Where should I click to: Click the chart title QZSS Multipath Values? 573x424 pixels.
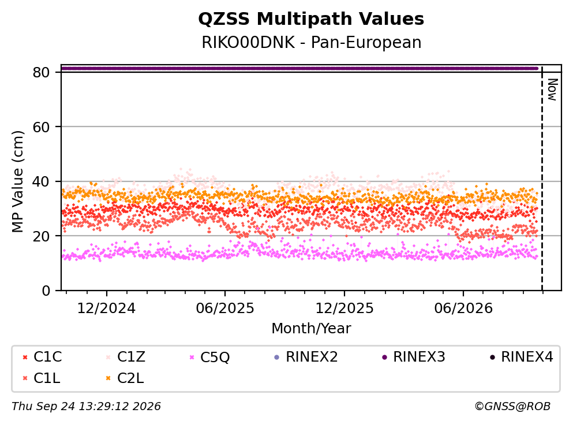click(311, 18)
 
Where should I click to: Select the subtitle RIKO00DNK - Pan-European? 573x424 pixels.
click(312, 42)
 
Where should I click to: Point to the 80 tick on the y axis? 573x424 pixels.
click(41, 72)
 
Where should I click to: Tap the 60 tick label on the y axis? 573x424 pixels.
click(41, 127)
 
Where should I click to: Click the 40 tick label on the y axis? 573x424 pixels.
click(41, 181)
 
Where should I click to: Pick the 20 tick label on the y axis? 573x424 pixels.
click(41, 236)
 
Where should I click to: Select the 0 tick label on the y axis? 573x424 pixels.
click(46, 291)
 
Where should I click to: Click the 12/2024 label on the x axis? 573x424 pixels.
click(106, 308)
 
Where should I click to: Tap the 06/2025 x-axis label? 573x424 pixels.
click(224, 308)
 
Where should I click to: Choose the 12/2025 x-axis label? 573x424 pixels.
click(344, 308)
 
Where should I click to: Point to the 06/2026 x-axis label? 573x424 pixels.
click(463, 308)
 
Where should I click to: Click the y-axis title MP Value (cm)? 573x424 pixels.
click(17, 181)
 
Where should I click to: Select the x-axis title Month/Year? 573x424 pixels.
click(311, 329)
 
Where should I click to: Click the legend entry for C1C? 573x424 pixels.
click(42, 356)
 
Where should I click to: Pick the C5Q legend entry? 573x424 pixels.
click(209, 356)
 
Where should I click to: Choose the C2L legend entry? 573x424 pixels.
click(125, 378)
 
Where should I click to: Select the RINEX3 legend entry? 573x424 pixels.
click(414, 356)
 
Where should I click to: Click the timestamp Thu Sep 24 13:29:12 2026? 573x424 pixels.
click(86, 406)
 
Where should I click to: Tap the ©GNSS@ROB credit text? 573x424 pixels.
click(512, 406)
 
